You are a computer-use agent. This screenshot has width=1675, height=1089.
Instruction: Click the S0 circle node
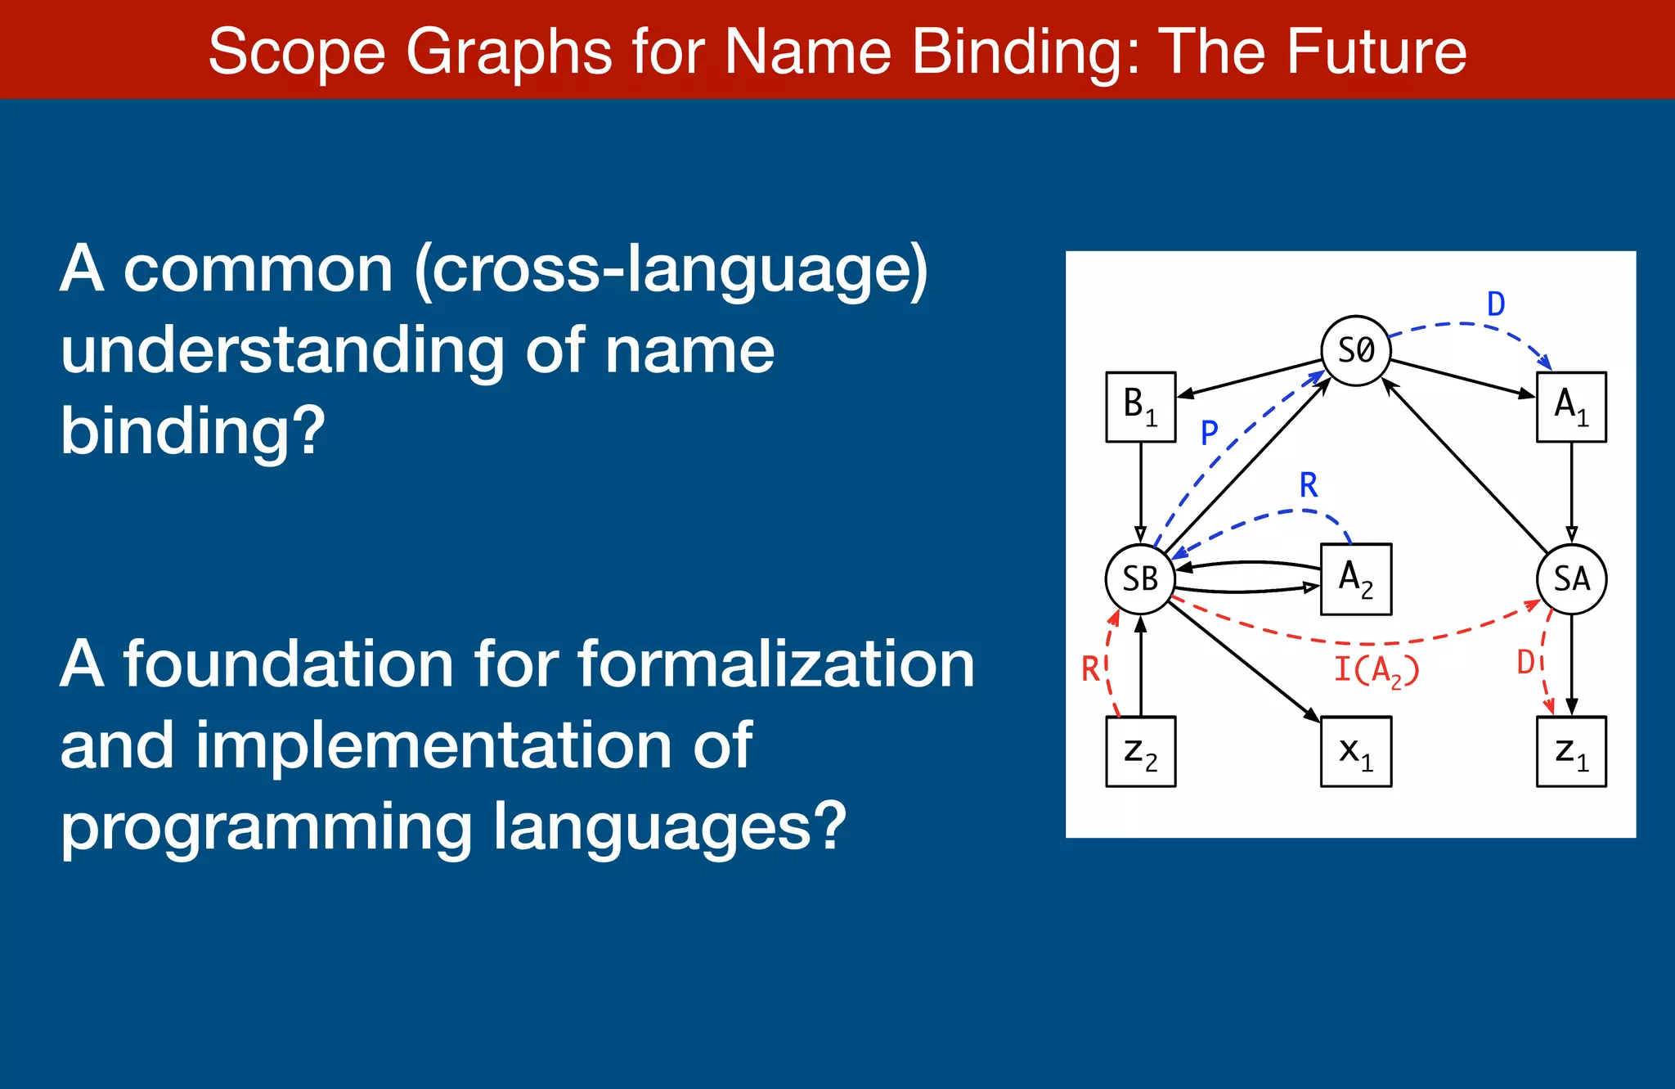tap(1356, 350)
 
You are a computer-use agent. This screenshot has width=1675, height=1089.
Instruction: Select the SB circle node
tap(1140, 578)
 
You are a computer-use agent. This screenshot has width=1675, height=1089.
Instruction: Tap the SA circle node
tap(1571, 578)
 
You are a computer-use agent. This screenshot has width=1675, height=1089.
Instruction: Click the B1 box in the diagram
tap(1140, 407)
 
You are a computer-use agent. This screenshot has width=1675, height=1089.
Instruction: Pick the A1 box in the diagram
tap(1571, 407)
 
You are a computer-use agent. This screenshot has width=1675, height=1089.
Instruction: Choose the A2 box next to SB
tap(1356, 578)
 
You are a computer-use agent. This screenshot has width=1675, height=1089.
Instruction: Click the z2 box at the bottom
tap(1140, 751)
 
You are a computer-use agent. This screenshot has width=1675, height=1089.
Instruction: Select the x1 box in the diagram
tap(1356, 751)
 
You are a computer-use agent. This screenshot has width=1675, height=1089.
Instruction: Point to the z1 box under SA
tap(1571, 751)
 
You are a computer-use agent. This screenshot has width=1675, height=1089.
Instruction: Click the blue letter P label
tap(1210, 432)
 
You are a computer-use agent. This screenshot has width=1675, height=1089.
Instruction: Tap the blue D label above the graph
tap(1496, 304)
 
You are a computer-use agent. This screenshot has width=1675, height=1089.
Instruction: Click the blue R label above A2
tap(1309, 485)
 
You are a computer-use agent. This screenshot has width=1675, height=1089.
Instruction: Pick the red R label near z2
tap(1091, 669)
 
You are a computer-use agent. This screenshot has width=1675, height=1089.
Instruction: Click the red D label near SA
tap(1526, 662)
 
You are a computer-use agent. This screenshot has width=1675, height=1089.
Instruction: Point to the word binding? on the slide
tap(193, 430)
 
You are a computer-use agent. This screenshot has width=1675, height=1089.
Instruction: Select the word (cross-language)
tap(671, 269)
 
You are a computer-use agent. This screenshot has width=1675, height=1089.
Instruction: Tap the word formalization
tap(776, 664)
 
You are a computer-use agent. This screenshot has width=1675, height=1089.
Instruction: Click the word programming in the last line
tap(267, 826)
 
